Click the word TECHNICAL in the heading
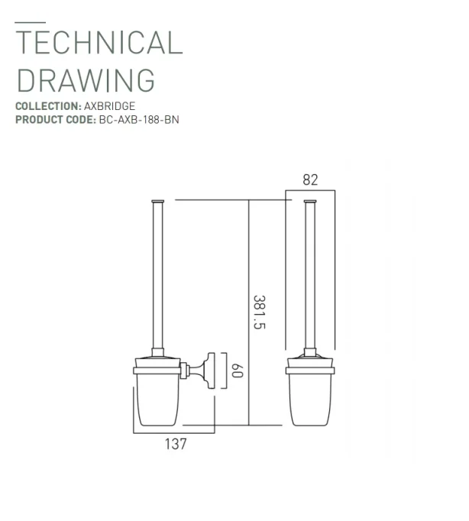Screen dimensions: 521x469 pyautogui.click(x=99, y=43)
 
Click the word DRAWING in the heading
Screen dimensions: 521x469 pyautogui.click(x=86, y=79)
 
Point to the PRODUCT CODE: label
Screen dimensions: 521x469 pyautogui.click(x=55, y=120)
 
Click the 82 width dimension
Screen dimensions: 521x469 pyautogui.click(x=310, y=180)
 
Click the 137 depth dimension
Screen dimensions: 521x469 pyautogui.click(x=176, y=444)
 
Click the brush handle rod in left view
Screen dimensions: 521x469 pyautogui.click(x=157, y=275)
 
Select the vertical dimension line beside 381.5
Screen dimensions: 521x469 pyautogui.click(x=250, y=313)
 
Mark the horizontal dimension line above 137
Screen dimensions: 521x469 pyautogui.click(x=174, y=433)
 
